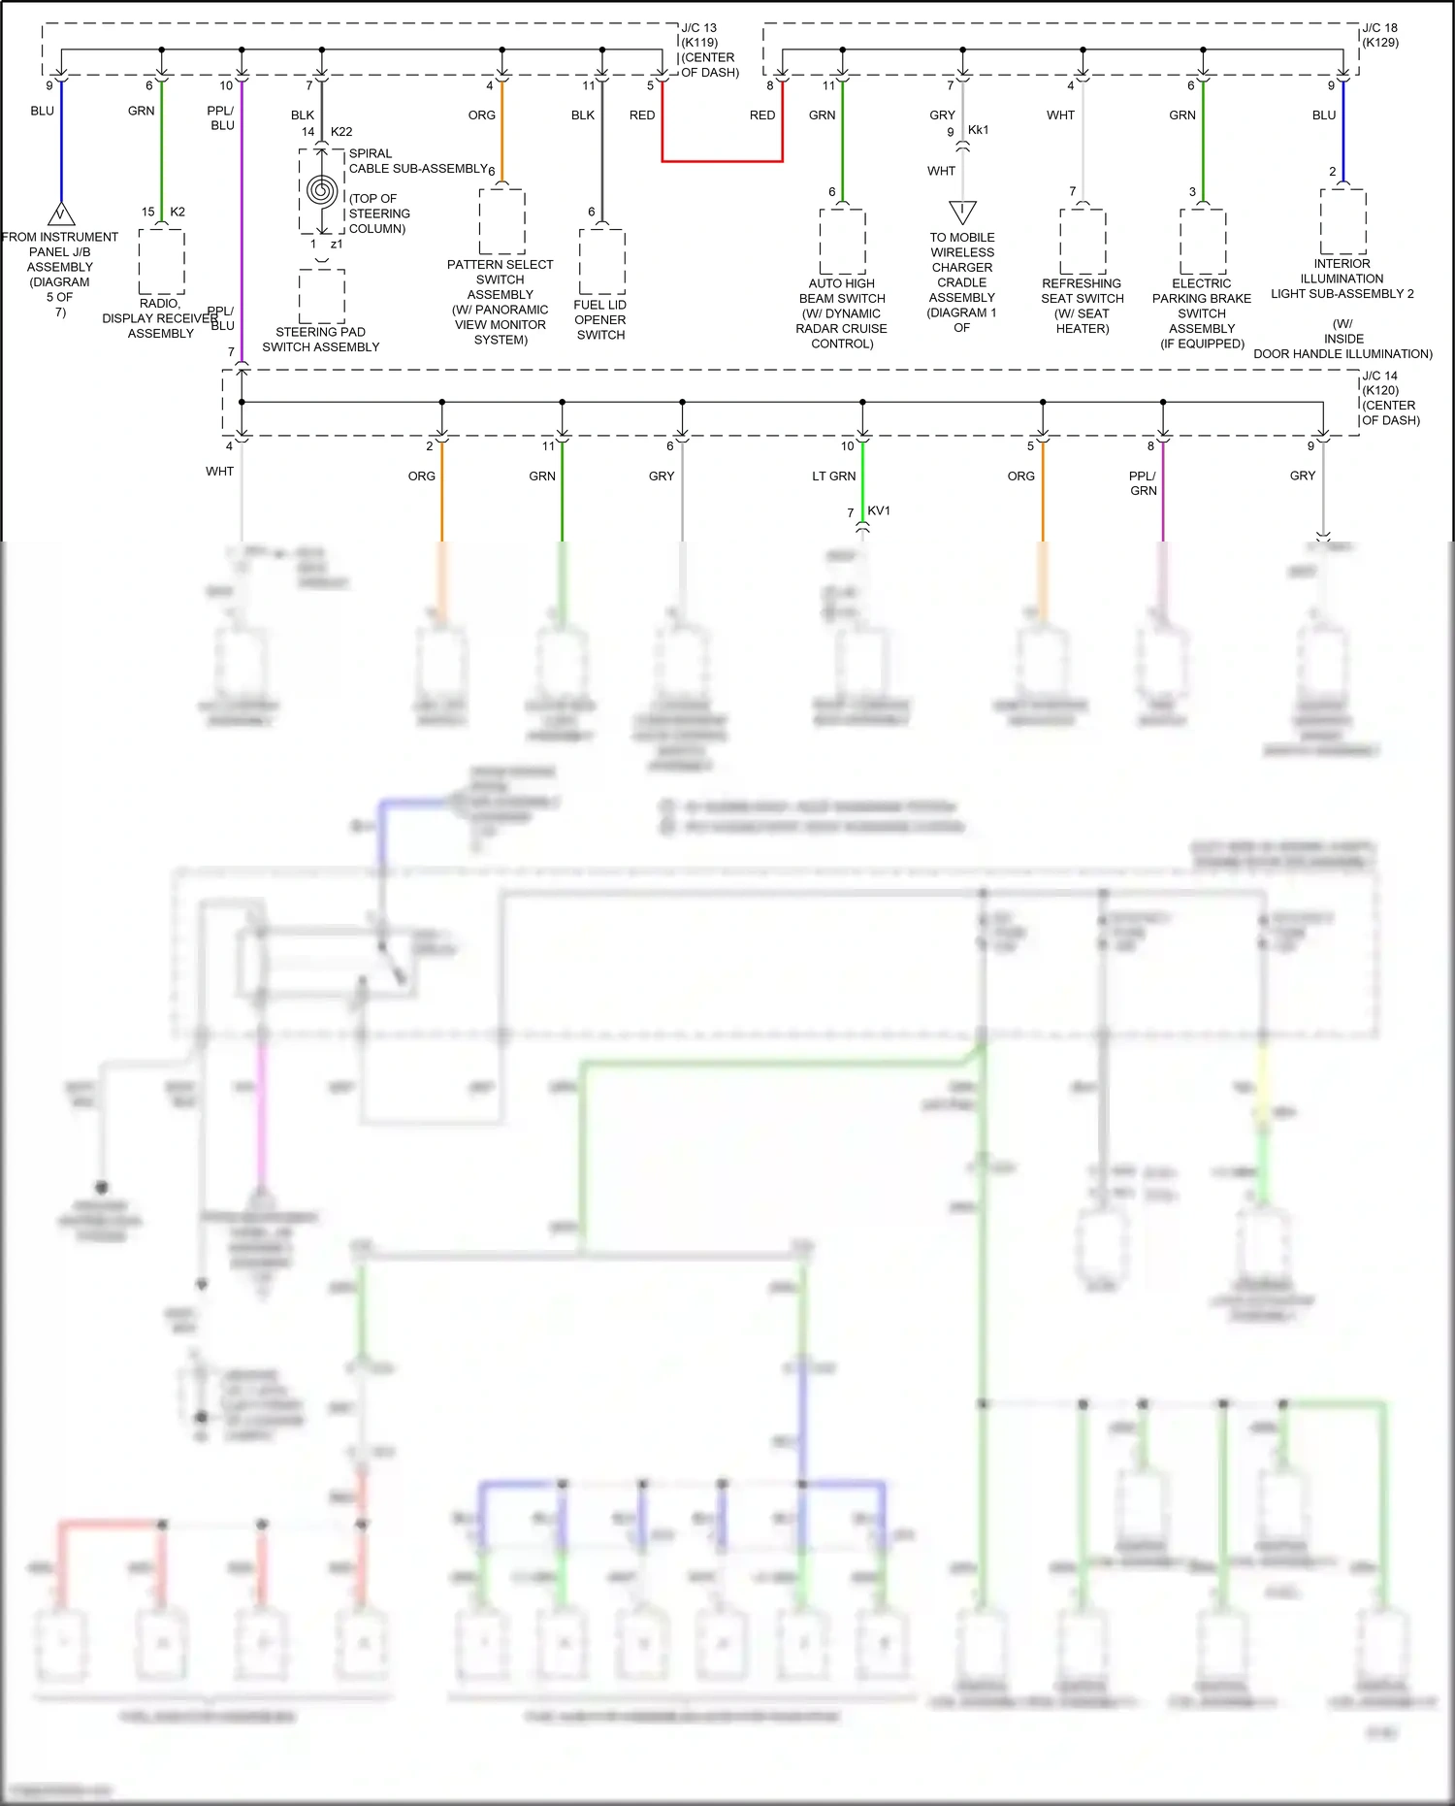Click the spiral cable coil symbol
[321, 190]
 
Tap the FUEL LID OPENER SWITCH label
[600, 319]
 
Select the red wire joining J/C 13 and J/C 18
[722, 160]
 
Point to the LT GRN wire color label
[833, 476]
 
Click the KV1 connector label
[879, 510]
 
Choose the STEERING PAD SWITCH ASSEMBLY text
[320, 339]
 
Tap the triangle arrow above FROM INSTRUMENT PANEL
[61, 214]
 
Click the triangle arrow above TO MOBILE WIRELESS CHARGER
[962, 211]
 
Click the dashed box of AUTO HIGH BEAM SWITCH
[842, 242]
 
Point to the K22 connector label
[341, 131]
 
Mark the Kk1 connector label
[978, 129]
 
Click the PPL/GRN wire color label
[1143, 482]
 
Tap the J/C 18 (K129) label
[1379, 35]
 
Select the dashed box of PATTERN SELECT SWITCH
[501, 222]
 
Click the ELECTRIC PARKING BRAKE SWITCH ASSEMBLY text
[1202, 312]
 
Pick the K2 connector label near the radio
[178, 212]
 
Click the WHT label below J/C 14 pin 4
[219, 471]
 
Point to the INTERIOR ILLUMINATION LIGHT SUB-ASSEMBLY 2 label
[1342, 279]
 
